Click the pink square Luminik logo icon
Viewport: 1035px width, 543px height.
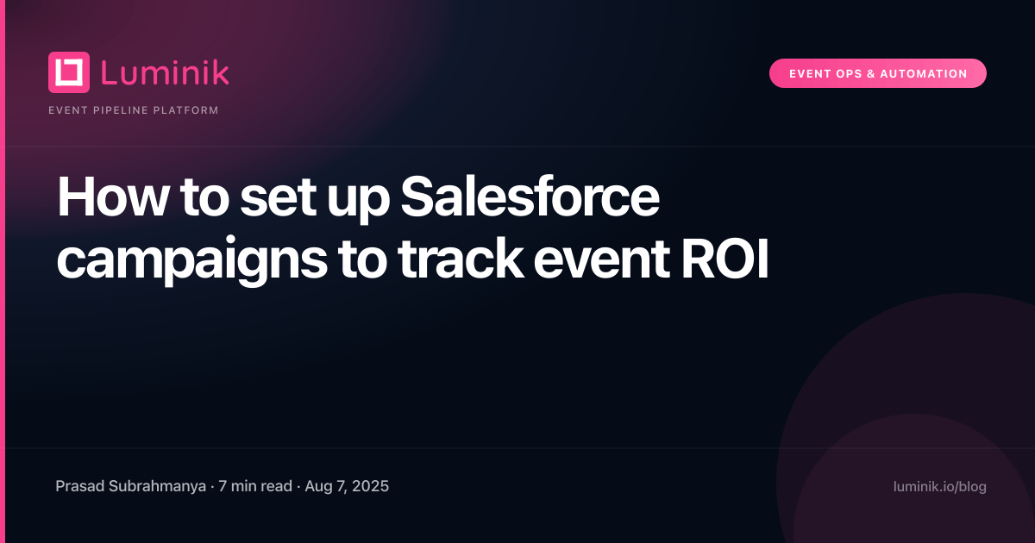[69, 72]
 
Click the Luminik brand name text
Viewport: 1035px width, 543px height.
[165, 72]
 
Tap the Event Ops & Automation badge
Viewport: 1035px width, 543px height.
[877, 73]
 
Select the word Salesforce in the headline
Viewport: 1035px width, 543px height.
[530, 197]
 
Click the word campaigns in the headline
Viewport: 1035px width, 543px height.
[191, 262]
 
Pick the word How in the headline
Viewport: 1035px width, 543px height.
[111, 197]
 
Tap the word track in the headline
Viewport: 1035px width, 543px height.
[461, 259]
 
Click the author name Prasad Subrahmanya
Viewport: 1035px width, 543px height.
[131, 486]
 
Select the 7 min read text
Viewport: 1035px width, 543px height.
[255, 486]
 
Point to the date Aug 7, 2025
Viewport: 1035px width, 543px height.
[347, 486]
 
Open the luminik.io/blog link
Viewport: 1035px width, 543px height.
[940, 487]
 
